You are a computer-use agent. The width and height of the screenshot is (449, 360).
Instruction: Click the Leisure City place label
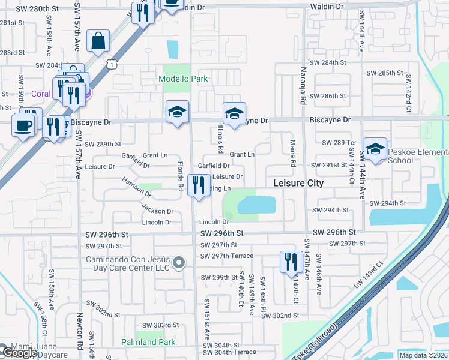pyautogui.click(x=298, y=183)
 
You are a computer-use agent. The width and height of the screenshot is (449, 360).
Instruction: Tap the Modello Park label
pyautogui.click(x=183, y=79)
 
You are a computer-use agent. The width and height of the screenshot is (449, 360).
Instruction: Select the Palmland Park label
pyautogui.click(x=149, y=342)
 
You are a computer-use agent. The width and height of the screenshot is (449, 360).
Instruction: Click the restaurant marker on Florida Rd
pyautogui.click(x=199, y=185)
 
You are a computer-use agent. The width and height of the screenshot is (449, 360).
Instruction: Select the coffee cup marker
pyautogui.click(x=23, y=127)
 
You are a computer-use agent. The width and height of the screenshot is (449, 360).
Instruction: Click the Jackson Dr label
pyautogui.click(x=157, y=210)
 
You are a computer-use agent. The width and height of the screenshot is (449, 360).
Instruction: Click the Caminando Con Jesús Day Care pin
pyautogui.click(x=178, y=262)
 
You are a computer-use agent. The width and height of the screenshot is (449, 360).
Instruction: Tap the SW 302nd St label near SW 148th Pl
pyautogui.click(x=280, y=315)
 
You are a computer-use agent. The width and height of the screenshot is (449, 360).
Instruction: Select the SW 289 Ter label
pyautogui.click(x=340, y=143)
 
